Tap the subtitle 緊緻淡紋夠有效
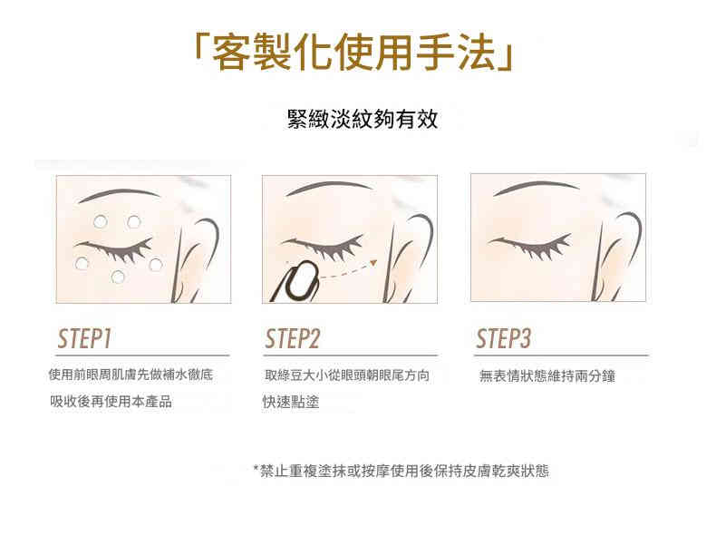(363, 119)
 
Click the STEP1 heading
(84, 338)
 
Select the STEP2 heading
(292, 338)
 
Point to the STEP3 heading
(503, 338)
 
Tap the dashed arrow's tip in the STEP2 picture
(374, 263)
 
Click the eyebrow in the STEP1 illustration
(120, 194)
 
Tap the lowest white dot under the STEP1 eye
(118, 277)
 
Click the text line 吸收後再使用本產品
(111, 402)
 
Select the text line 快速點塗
(290, 402)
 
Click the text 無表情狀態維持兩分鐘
(547, 376)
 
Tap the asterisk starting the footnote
(256, 468)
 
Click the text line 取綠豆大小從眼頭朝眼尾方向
(347, 375)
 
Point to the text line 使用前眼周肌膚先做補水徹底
(131, 375)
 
